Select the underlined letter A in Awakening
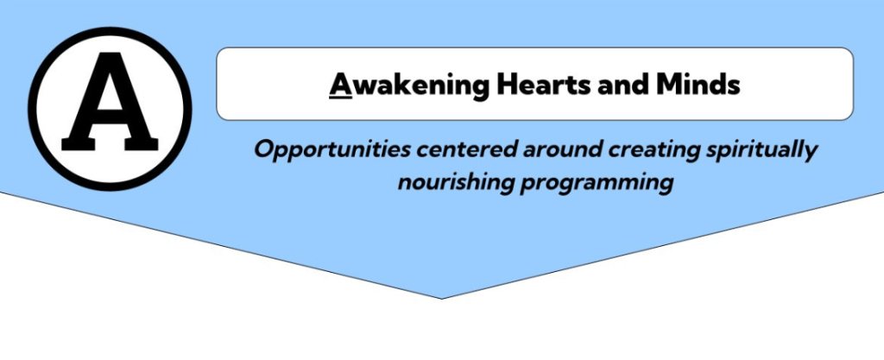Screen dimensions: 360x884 tap(340, 85)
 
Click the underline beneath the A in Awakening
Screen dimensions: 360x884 tap(340, 99)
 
